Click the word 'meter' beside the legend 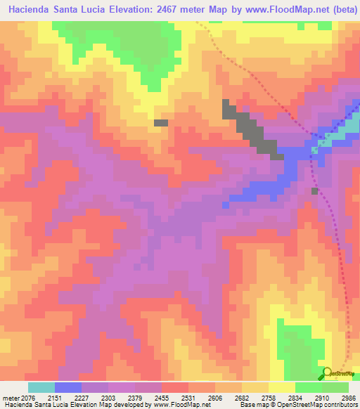click(11, 398)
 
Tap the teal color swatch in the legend click(41, 387)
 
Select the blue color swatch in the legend click(68, 387)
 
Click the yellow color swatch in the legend click(282, 387)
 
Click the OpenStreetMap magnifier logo click(326, 373)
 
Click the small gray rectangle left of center click(161, 122)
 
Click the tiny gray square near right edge click(314, 190)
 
